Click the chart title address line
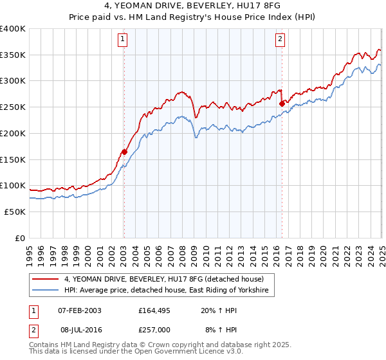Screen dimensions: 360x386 [x=192, y=6]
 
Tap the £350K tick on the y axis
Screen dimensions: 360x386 [x=13, y=55]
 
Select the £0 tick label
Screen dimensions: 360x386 [x=20, y=238]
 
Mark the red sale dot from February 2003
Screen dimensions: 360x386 [x=124, y=152]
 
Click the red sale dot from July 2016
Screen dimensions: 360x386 [x=282, y=103]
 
